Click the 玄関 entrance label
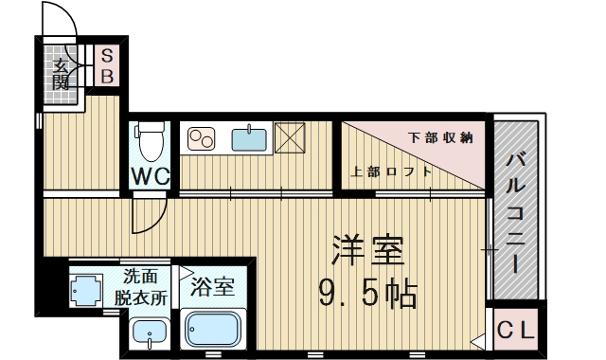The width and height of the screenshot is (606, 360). point(62,73)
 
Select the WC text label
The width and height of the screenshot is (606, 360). point(150,176)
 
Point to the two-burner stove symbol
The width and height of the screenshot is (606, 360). point(203,140)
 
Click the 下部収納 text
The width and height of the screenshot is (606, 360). point(440,138)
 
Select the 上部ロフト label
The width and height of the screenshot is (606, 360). point(392,171)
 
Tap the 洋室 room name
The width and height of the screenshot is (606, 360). point(367,251)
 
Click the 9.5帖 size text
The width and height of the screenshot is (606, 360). point(367,296)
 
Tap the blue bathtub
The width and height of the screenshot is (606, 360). point(216,329)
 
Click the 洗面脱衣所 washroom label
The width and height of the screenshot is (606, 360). point(142,286)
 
